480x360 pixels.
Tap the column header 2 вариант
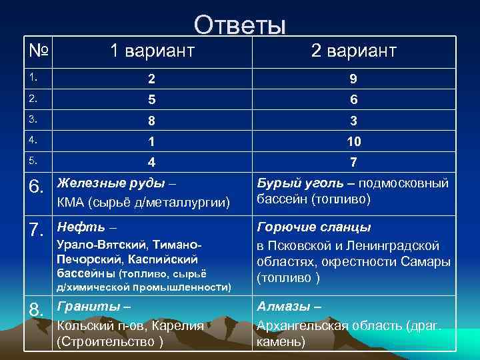pyautogui.click(x=353, y=51)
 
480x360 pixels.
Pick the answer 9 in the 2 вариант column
pyautogui.click(x=353, y=79)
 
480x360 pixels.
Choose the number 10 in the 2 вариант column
pyautogui.click(x=353, y=142)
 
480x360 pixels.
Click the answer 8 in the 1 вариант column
pyautogui.click(x=152, y=121)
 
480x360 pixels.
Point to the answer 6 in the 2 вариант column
pyautogui.click(x=353, y=100)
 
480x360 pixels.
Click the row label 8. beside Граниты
pyautogui.click(x=38, y=311)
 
